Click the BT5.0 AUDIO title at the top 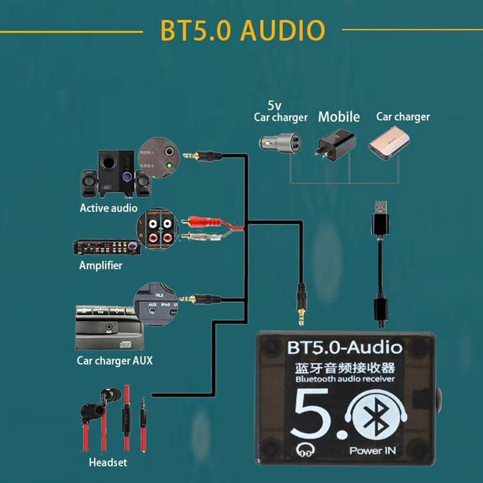pos(242,30)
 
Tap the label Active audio pos(109,208)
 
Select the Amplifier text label pos(100,266)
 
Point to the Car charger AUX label pos(115,360)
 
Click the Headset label pos(108,463)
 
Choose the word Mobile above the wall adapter pos(339,117)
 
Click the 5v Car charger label pos(281,112)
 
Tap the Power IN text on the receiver pos(373,450)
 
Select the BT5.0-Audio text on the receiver pos(345,348)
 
